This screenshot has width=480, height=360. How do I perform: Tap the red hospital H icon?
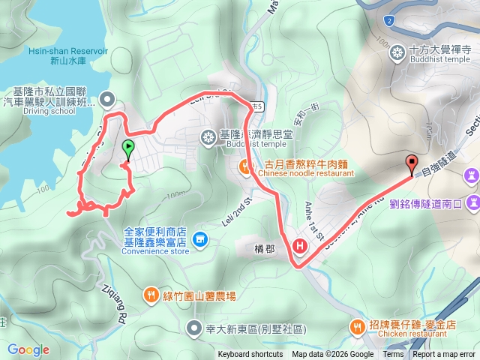pos(301,245)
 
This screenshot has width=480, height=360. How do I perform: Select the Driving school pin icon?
pos(107,98)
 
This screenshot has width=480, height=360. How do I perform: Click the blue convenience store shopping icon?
pos(199,240)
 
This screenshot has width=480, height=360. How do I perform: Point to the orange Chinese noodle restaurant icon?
pos(245,166)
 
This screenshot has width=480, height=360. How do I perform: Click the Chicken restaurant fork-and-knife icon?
pos(357,325)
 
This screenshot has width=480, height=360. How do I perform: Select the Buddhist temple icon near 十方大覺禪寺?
pos(397,52)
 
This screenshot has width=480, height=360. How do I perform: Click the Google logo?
pos(28,349)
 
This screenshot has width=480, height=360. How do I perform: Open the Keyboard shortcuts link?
pos(250,355)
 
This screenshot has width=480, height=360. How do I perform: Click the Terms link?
pos(393,355)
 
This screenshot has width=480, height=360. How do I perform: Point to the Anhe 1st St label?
pos(313,222)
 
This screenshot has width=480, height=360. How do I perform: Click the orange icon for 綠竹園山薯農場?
pos(151,295)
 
